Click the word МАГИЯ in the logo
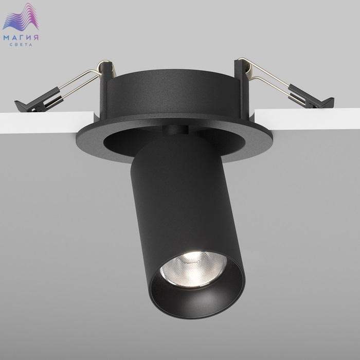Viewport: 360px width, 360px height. pyautogui.click(x=21, y=38)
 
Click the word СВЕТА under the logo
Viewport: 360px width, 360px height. pyautogui.click(x=21, y=45)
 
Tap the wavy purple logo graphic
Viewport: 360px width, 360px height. pyautogui.click(x=21, y=17)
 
